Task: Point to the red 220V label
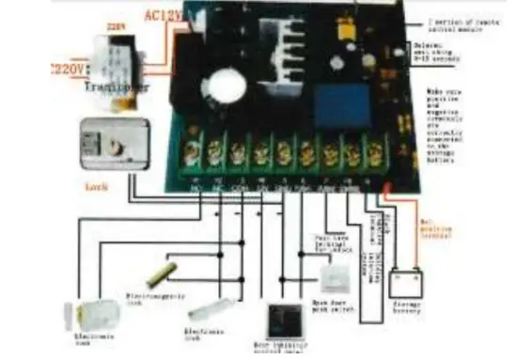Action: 67,68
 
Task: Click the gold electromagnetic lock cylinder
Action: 167,275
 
